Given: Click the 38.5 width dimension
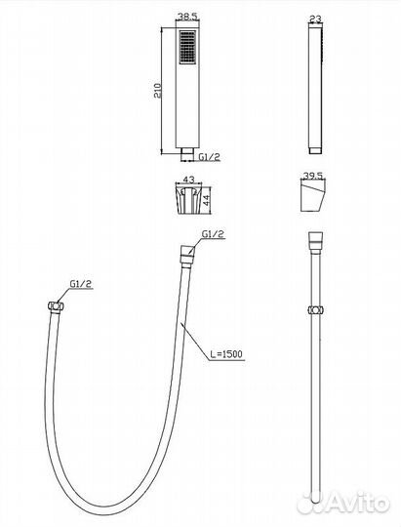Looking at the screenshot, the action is [x=188, y=16].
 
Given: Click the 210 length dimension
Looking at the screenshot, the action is [x=158, y=90].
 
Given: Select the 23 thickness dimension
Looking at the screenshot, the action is [x=315, y=19].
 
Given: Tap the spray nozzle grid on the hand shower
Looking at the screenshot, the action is [x=187, y=47].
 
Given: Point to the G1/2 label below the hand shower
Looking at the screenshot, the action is [x=209, y=156].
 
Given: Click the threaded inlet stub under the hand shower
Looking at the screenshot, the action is [x=187, y=153].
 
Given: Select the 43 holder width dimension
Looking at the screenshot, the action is [x=188, y=180].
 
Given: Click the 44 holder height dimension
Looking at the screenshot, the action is [x=207, y=200].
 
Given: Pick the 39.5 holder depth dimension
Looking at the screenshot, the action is [x=313, y=176].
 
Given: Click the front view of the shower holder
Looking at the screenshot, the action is [x=188, y=199].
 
